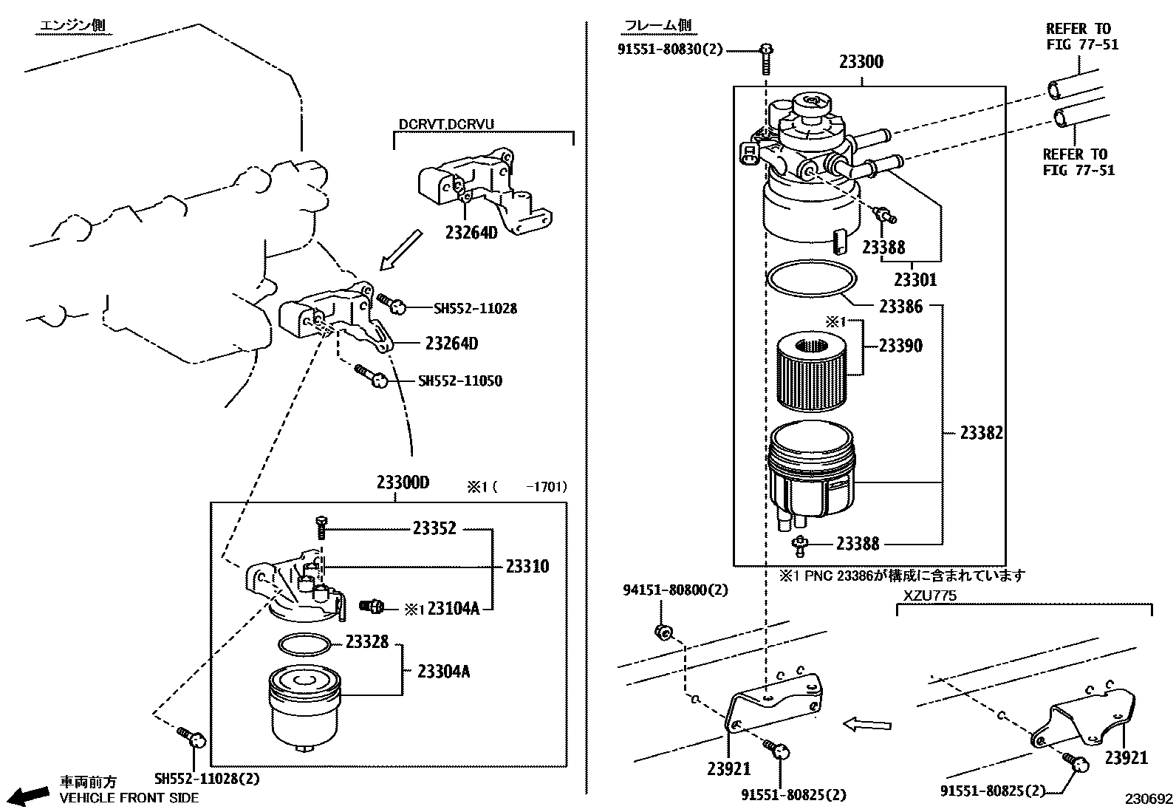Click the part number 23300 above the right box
point(861,62)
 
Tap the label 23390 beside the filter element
point(900,346)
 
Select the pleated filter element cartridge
point(812,371)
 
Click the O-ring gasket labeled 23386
point(812,279)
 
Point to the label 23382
point(981,433)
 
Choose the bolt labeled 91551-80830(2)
point(767,59)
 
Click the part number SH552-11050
point(460,381)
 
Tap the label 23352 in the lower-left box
point(434,528)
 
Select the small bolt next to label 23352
point(321,528)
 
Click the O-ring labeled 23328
point(304,644)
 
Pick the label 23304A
point(444,671)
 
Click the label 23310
point(527,566)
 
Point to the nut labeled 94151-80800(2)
point(664,631)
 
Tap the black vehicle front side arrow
point(30,796)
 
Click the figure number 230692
point(1149,799)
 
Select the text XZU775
point(930,596)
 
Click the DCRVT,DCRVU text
point(446,124)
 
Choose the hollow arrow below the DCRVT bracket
point(401,250)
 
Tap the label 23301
point(915,279)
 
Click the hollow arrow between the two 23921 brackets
point(866,725)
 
